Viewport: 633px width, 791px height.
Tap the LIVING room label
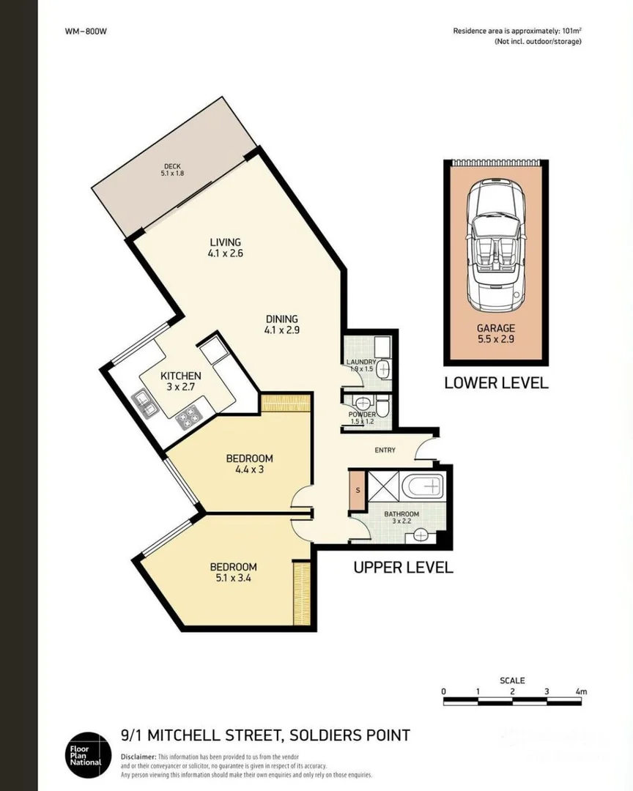point(225,248)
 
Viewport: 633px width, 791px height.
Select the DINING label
point(281,324)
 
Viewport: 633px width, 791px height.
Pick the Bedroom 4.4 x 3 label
point(248,464)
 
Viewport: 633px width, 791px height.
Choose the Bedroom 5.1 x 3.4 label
point(233,572)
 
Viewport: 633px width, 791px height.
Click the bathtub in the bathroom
point(424,485)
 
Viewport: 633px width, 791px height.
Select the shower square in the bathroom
point(382,485)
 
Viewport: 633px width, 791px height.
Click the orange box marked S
point(356,490)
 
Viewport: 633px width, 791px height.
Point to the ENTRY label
point(385,450)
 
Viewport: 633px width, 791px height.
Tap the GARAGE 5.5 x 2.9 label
point(495,334)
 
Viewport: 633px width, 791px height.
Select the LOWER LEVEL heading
point(496,383)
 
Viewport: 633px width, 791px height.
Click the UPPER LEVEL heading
point(403,567)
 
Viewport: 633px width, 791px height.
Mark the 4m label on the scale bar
point(582,691)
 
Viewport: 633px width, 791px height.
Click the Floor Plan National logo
point(86,754)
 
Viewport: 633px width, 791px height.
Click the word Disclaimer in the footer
point(138,756)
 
